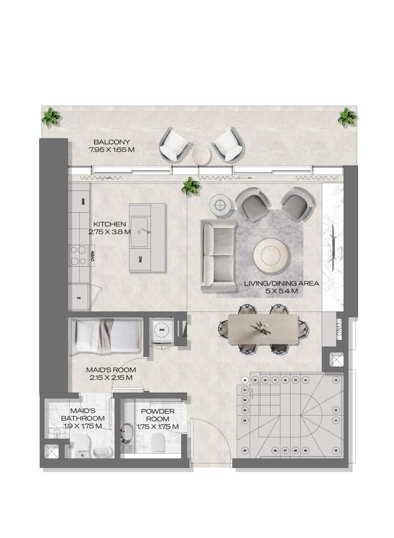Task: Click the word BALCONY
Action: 111,142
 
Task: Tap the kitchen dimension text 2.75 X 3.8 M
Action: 109,232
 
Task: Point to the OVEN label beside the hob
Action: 93,256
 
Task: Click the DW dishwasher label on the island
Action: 140,259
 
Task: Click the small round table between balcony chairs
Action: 202,153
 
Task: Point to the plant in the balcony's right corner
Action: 346,117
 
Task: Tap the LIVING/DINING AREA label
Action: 282,283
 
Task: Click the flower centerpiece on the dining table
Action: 260,328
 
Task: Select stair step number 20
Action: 245,380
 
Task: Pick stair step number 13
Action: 335,380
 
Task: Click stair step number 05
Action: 245,450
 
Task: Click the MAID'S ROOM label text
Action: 111,370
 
